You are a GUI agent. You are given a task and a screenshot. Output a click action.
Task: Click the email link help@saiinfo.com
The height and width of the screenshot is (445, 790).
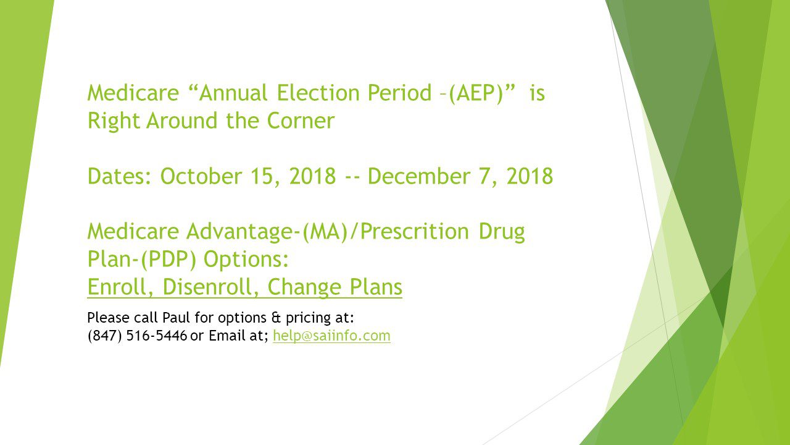331,336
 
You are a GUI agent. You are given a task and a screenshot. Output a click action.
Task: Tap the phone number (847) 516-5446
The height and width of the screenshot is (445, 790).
137,336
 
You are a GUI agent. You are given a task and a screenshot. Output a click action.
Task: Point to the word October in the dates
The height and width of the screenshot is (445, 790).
201,176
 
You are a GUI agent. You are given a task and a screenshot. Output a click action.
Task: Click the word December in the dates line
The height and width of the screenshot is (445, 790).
419,176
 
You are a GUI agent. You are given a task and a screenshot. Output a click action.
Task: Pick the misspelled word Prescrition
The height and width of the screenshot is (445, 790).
414,232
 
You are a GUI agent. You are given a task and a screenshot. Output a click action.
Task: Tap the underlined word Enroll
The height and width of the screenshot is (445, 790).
120,286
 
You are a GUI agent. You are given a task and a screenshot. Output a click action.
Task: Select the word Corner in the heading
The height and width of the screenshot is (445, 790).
301,121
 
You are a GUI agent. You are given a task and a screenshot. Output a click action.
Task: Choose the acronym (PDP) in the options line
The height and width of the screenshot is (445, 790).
168,260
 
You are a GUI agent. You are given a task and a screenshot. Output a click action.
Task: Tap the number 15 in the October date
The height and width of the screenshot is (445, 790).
261,176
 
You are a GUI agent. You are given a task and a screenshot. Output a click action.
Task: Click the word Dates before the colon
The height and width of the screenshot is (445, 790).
117,176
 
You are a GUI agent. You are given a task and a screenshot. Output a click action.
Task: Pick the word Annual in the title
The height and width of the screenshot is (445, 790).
233,93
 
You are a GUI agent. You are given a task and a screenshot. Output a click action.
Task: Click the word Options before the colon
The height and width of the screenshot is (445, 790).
243,260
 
